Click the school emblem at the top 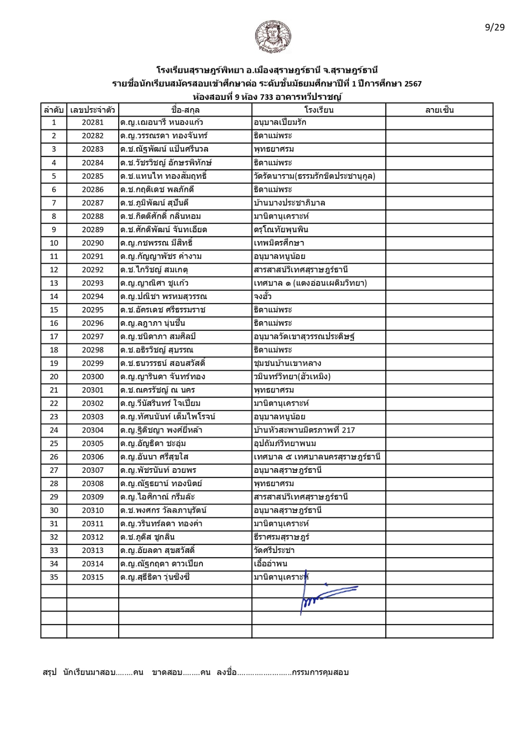point(273,37)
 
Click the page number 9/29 point(495,27)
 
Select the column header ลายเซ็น point(439,110)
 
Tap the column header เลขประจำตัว point(93,110)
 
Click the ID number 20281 point(93,122)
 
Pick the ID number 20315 point(93,577)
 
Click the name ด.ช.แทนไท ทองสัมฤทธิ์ point(163,176)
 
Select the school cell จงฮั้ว point(263,296)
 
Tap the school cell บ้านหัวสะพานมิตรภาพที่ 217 point(304,430)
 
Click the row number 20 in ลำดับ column point(54,377)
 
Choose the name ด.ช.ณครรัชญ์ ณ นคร point(157,390)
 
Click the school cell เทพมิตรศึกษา point(278,243)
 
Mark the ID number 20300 point(93,377)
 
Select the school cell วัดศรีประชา point(274,550)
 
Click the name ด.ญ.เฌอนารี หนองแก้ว point(161,122)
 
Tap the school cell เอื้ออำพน point(270,564)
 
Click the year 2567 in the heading point(413,83)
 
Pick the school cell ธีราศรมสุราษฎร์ point(281,537)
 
